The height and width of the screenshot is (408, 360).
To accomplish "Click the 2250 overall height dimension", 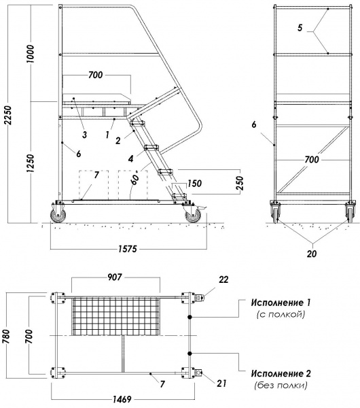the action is coord(9,115).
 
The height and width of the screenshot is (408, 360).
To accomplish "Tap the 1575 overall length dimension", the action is coord(128,249).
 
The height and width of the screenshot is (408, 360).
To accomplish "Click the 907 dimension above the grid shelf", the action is coord(115,277).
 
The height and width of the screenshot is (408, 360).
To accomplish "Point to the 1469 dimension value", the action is coord(122,399).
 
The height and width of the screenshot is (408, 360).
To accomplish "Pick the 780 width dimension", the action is coord(6,336).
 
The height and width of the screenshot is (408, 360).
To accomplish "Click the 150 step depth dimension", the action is coord(195,183).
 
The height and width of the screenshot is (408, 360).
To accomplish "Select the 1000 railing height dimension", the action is coord(31,54).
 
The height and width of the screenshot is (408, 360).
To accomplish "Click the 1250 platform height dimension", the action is coord(31,164).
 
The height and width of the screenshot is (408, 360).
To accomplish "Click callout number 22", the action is coord(223,279).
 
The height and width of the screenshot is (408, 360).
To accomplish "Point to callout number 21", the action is coord(221,383).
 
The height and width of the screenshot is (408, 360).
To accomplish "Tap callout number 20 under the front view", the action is coord(312,254).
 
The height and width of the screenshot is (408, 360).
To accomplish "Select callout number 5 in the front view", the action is coord(300,28).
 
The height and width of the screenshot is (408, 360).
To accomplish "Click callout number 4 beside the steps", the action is coord(130,158).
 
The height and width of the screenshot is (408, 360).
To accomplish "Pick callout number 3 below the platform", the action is coord(84,135).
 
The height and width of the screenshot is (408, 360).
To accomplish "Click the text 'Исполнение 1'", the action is coord(281,303).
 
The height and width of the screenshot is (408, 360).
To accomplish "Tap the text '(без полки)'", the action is coord(281,385).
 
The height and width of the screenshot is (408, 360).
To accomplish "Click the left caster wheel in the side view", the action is coord(58,215).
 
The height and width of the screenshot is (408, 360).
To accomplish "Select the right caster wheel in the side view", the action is coord(193,216).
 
